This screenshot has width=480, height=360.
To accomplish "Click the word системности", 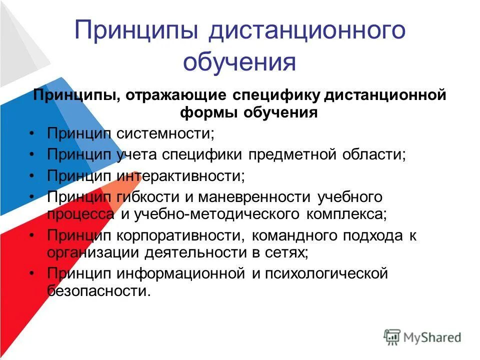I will tap(165, 133).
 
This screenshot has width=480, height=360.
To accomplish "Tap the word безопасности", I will tap(98, 291).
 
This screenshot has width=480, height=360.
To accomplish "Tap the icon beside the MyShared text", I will tap(392, 336).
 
